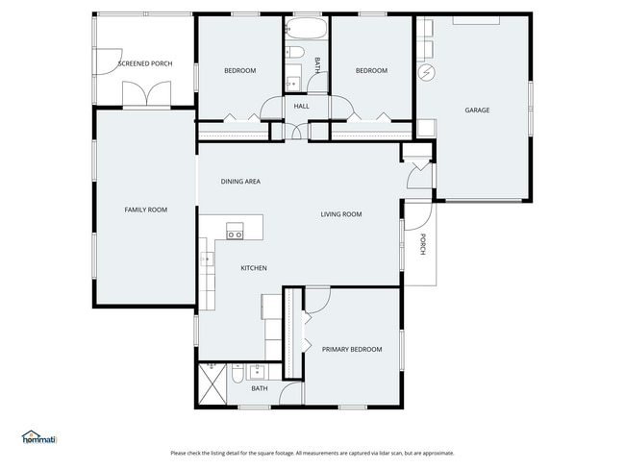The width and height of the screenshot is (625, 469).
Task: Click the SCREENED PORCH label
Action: point(144,64)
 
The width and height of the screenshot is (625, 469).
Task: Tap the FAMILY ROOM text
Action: point(145,209)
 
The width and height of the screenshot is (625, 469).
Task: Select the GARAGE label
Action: point(477,110)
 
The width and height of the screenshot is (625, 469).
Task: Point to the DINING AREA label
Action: point(240,181)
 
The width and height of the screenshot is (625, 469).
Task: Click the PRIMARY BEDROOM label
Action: point(351,349)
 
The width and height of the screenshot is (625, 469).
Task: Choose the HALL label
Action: point(301,106)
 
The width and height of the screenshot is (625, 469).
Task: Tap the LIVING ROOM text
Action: point(340,214)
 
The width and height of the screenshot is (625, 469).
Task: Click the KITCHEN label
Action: point(253,268)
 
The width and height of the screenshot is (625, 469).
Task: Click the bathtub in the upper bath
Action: point(306,28)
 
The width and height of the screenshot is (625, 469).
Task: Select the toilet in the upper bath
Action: point(295,52)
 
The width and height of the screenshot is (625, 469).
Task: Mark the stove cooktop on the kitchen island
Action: point(235,230)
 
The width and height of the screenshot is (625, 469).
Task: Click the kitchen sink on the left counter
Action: point(206,258)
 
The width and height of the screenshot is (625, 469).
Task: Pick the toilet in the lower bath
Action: point(235,375)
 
